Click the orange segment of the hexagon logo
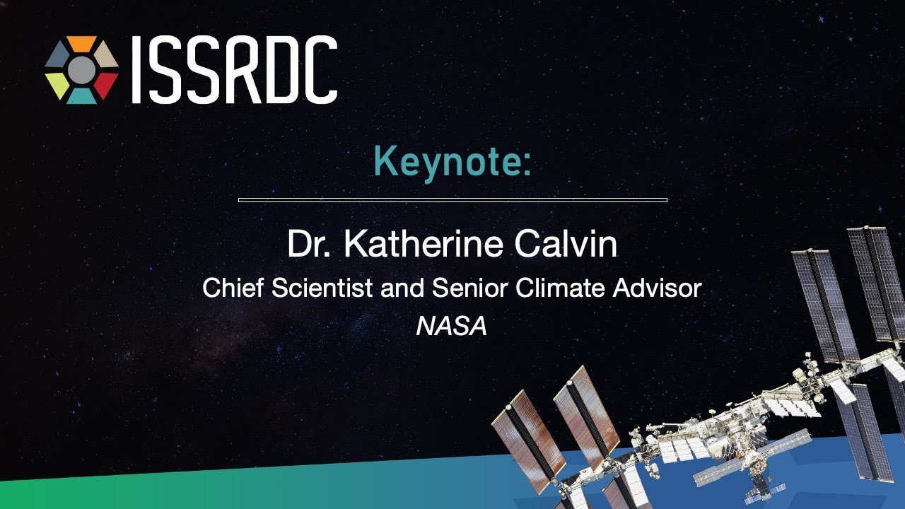[81, 43]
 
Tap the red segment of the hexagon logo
[106, 86]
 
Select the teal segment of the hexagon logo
[81, 97]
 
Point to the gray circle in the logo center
[81, 70]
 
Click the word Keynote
[452, 163]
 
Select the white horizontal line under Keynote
[452, 200]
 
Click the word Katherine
[424, 244]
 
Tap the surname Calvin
[566, 244]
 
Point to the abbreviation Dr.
[309, 244]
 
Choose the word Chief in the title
[233, 288]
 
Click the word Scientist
[322, 288]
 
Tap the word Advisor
[657, 288]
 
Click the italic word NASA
[452, 327]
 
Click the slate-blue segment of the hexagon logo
[57, 54]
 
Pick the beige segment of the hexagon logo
[106, 54]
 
